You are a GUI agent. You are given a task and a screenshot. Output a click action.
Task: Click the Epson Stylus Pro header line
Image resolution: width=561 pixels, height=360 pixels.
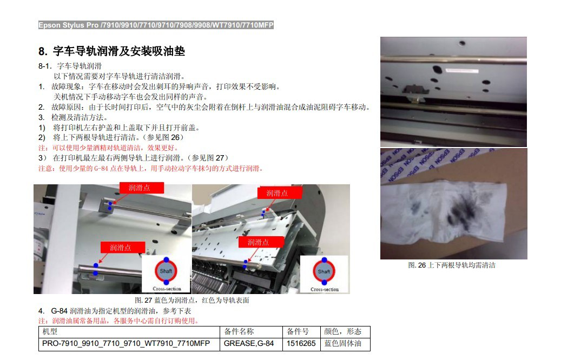(x=156, y=25)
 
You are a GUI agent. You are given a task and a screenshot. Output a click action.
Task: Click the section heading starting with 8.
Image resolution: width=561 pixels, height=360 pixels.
(x=111, y=51)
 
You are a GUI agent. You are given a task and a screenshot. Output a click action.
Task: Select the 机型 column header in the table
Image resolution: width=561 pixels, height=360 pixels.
(x=50, y=331)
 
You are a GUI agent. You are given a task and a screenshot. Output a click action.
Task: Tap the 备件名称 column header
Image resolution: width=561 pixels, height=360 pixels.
(x=239, y=331)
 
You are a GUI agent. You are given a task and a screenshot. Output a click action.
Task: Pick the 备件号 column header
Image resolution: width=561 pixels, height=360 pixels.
(x=298, y=331)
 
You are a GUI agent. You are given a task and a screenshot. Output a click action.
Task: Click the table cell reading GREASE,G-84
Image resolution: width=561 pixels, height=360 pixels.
(x=249, y=343)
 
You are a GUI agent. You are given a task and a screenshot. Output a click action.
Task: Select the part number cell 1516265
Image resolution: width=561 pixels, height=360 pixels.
(x=301, y=343)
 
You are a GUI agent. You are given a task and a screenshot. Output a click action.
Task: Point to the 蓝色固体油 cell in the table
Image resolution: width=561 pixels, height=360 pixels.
(x=343, y=343)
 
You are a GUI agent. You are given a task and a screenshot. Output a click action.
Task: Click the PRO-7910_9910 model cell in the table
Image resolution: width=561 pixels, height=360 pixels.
(x=126, y=343)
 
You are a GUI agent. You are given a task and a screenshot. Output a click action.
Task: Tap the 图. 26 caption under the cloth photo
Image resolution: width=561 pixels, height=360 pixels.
(x=452, y=265)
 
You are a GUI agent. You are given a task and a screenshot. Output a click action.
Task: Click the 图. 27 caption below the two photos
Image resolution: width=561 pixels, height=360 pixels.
(x=192, y=301)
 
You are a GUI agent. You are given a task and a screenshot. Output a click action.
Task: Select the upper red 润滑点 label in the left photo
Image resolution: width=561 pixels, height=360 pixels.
(x=141, y=188)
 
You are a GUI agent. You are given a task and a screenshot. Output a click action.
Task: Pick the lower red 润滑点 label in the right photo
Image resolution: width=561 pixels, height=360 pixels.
(x=261, y=242)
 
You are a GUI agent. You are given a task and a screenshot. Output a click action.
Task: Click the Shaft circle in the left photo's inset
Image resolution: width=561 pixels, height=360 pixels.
(x=166, y=271)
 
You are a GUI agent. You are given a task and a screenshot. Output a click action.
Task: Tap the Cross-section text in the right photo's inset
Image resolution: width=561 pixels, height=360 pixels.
(x=325, y=289)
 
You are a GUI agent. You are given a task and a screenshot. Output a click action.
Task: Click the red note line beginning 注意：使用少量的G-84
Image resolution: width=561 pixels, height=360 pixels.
(x=151, y=169)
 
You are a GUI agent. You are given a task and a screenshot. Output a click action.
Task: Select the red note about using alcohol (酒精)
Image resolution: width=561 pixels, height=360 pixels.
(x=108, y=148)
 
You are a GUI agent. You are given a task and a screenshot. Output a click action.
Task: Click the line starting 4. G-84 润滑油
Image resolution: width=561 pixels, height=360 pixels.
(x=115, y=311)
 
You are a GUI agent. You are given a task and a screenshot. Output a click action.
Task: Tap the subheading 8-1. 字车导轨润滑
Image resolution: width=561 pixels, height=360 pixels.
(x=70, y=66)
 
